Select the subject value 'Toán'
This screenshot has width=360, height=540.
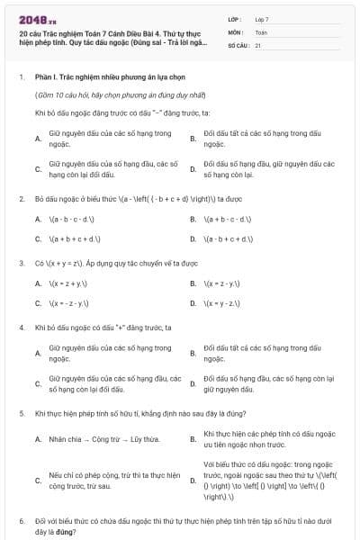[261, 31]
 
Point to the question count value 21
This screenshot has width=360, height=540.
[258, 44]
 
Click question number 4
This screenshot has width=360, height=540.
[21, 328]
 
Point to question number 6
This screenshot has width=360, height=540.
[21, 521]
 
